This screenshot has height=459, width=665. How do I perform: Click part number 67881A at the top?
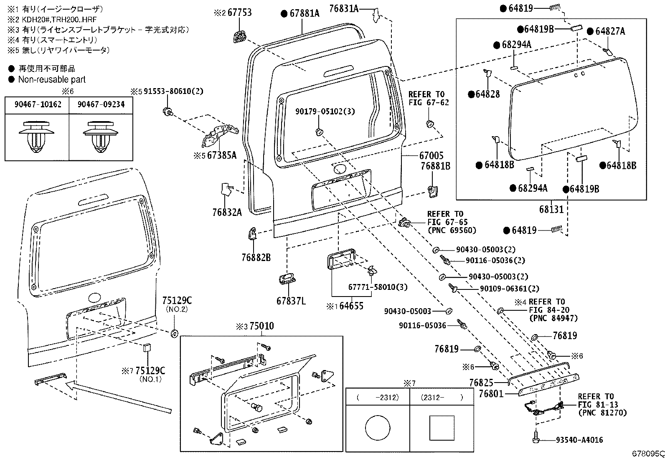tap(305, 13)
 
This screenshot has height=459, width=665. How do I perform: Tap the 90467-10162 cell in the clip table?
tap(38, 104)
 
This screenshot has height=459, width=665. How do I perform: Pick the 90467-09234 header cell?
tap(101, 104)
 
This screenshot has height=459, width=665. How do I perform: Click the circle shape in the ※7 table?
tap(378, 428)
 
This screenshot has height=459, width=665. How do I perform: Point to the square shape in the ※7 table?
tap(442, 428)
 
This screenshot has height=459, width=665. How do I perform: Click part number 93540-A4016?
tap(579, 440)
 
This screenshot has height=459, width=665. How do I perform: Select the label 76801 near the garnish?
tap(491, 394)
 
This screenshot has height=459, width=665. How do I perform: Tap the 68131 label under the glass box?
tap(551, 209)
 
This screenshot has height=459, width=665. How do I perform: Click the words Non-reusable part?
tap(52, 80)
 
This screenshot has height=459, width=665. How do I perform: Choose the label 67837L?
tap(291, 301)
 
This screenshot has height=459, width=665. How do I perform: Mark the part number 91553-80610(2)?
tap(173, 91)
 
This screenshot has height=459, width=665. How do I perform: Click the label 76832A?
tap(227, 212)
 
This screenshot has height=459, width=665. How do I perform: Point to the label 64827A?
tap(610, 31)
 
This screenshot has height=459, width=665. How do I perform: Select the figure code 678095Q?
tap(648, 454)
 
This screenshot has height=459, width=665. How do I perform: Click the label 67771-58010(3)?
tap(378, 287)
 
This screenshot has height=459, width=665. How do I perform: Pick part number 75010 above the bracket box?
tap(261, 326)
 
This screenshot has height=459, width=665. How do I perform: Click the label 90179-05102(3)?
tap(325, 112)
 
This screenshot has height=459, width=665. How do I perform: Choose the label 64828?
tap(487, 94)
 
